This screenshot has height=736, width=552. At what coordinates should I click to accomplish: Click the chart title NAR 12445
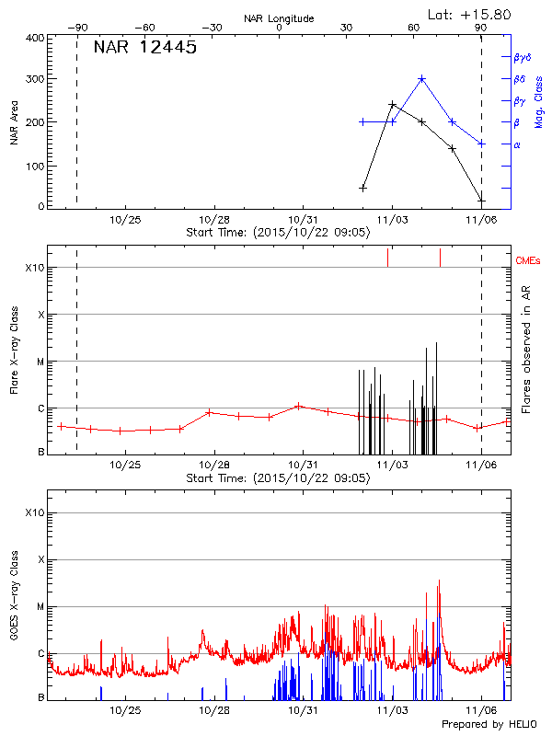(145, 48)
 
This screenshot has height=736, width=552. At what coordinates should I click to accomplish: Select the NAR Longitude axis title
(279, 17)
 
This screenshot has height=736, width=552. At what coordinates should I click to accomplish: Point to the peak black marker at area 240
(393, 105)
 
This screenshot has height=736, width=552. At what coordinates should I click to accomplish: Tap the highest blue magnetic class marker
(422, 79)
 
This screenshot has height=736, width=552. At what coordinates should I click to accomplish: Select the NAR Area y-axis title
(14, 122)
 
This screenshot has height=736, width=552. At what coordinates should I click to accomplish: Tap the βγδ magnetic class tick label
(523, 57)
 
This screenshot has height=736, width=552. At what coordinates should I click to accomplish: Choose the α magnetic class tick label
(516, 144)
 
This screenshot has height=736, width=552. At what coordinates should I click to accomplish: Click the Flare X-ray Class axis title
(14, 350)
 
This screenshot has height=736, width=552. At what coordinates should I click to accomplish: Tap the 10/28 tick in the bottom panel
(214, 711)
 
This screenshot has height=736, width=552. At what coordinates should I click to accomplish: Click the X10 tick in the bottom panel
(34, 512)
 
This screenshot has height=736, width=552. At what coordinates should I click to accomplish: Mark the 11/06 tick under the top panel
(482, 221)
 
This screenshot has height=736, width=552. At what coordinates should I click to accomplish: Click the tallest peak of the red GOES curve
(440, 581)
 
